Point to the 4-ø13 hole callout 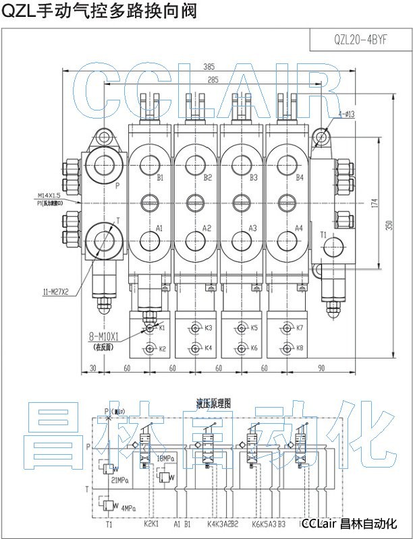coord(346,115)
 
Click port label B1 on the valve coord(161,178)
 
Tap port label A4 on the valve coord(299,228)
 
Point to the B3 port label coord(253,178)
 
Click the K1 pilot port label coord(162,327)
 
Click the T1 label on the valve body coord(323,234)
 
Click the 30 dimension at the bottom coord(92,368)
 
